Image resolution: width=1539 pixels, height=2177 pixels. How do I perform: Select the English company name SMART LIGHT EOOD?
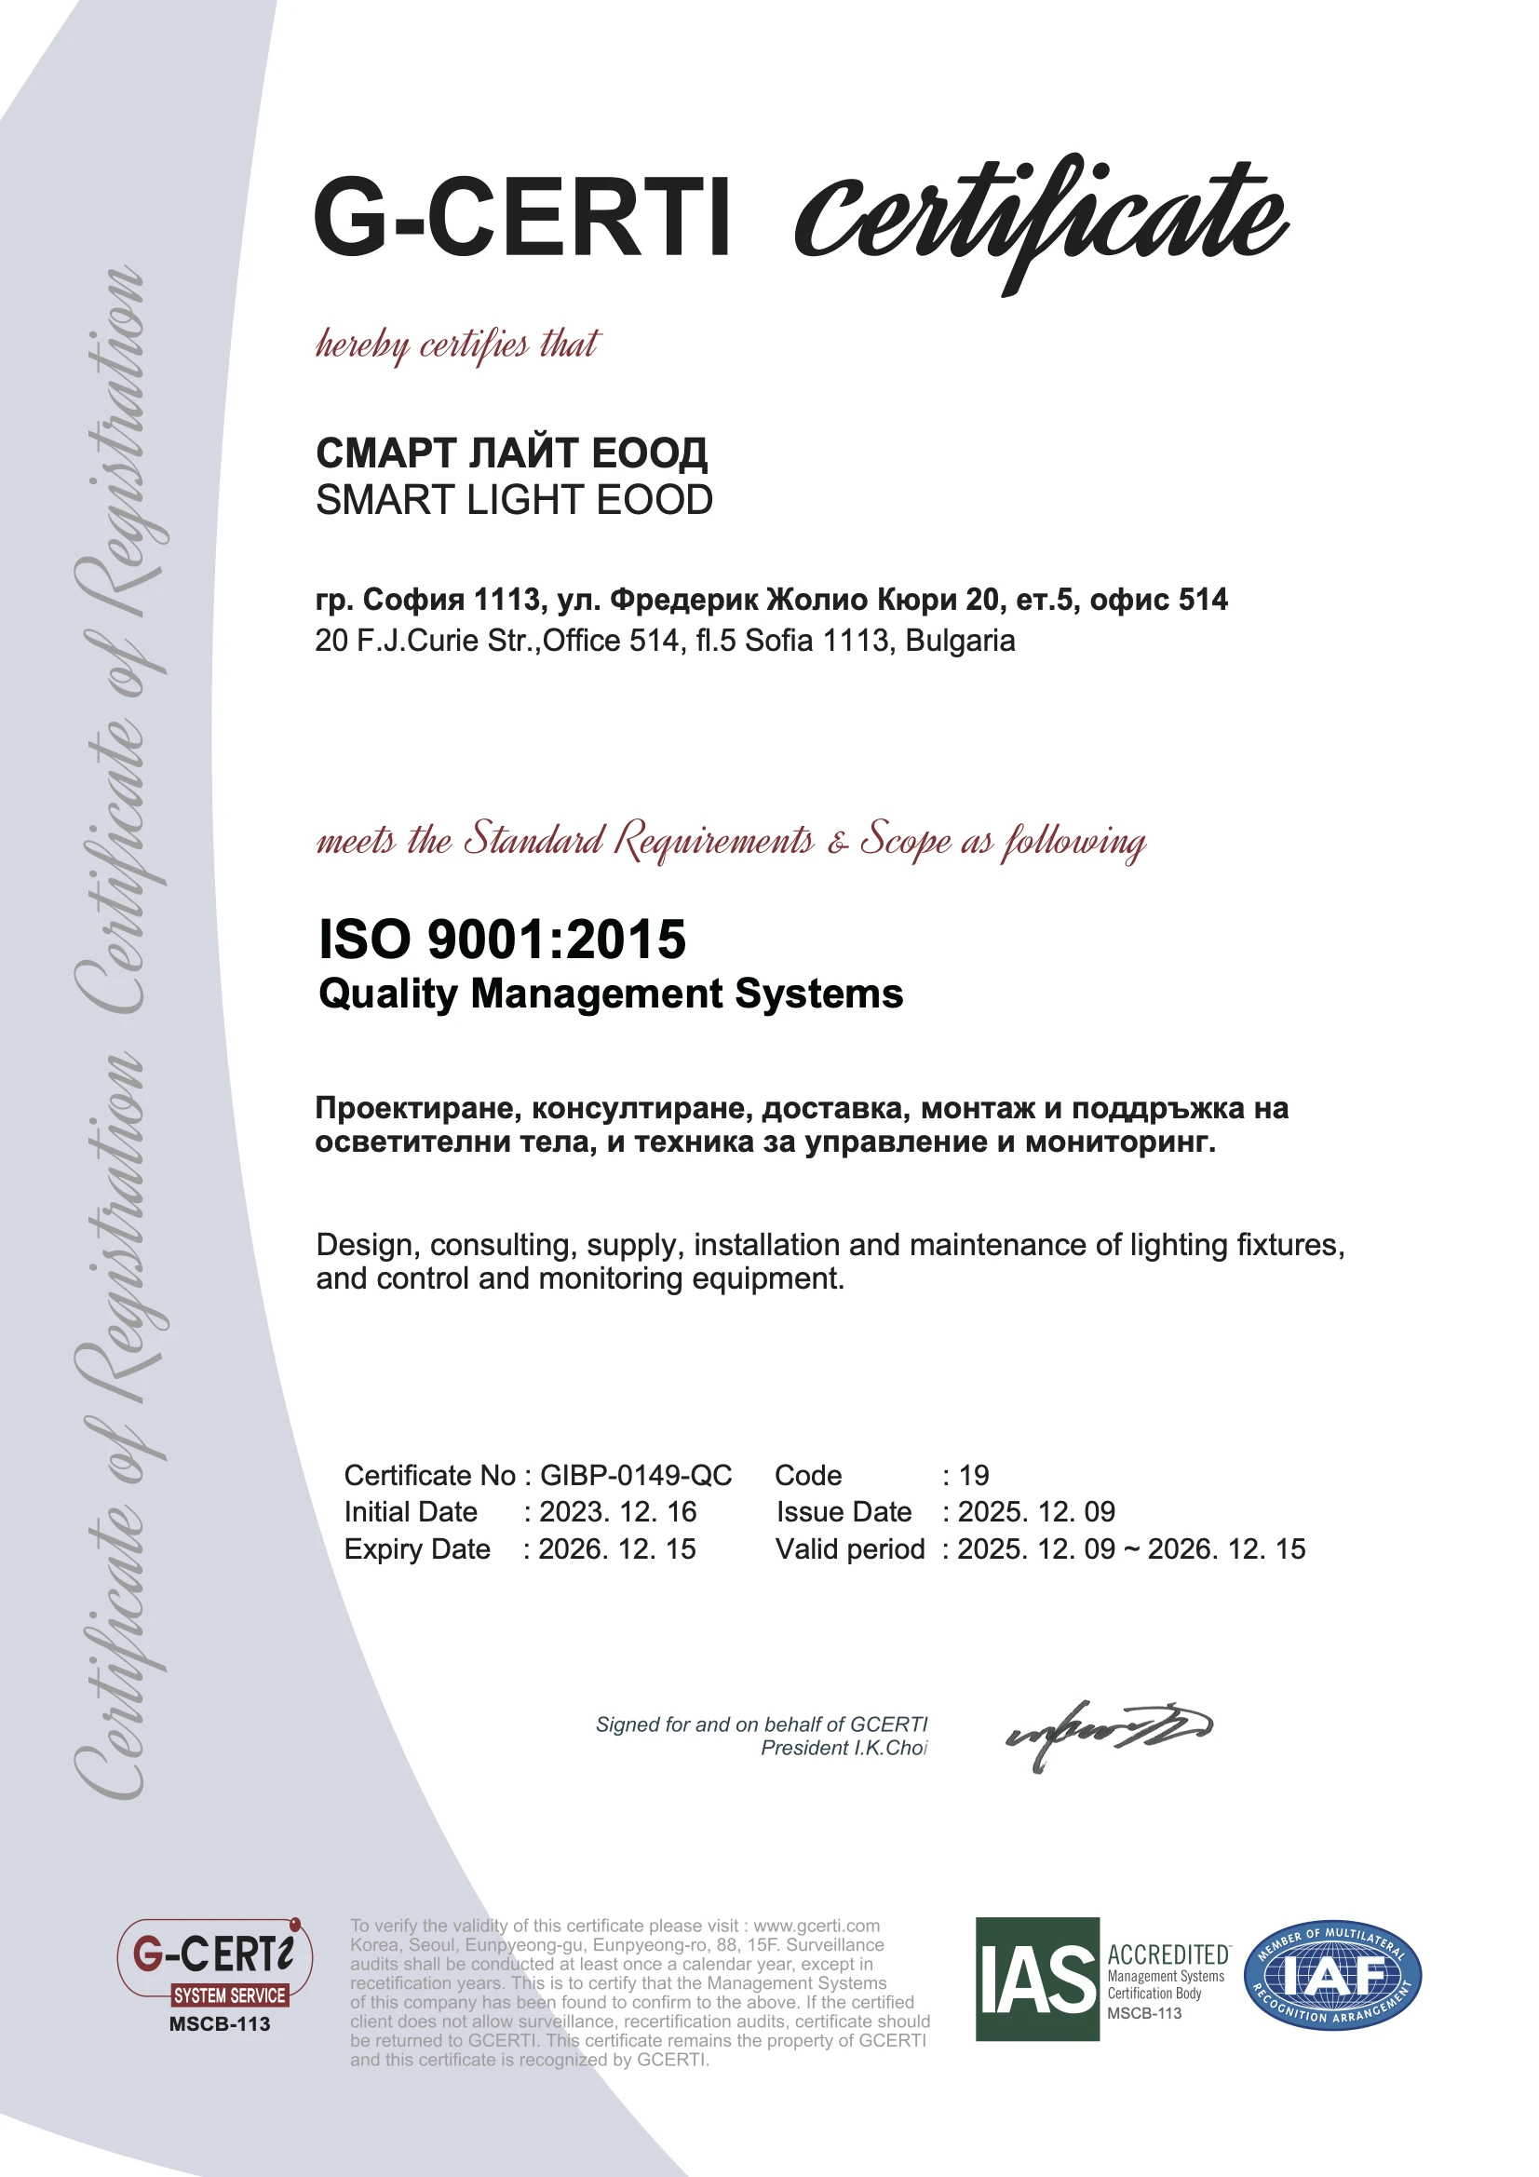(x=514, y=500)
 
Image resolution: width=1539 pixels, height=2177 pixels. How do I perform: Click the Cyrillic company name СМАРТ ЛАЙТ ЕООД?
(x=511, y=453)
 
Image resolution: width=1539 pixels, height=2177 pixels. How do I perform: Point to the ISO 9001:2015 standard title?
(x=502, y=939)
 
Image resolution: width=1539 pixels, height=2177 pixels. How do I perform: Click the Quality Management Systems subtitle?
(x=611, y=994)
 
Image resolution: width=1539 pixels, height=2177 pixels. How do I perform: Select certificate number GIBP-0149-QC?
(x=635, y=1475)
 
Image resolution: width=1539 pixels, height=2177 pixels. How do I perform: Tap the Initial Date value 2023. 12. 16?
(x=617, y=1511)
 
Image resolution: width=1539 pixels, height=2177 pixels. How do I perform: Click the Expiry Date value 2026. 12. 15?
(x=617, y=1548)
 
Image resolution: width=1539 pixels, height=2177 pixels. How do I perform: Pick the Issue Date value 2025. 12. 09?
(x=1035, y=1511)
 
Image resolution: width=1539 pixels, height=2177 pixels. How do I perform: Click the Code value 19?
(x=974, y=1475)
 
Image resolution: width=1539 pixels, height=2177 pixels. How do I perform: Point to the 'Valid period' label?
(x=850, y=1548)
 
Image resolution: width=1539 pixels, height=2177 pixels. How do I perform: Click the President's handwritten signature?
(x=1108, y=1732)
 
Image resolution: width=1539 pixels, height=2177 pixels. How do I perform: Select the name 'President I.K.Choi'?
(x=844, y=1748)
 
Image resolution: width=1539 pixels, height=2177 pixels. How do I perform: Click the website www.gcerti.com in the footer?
(x=817, y=1926)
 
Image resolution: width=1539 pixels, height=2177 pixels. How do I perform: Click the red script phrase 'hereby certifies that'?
(x=457, y=345)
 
